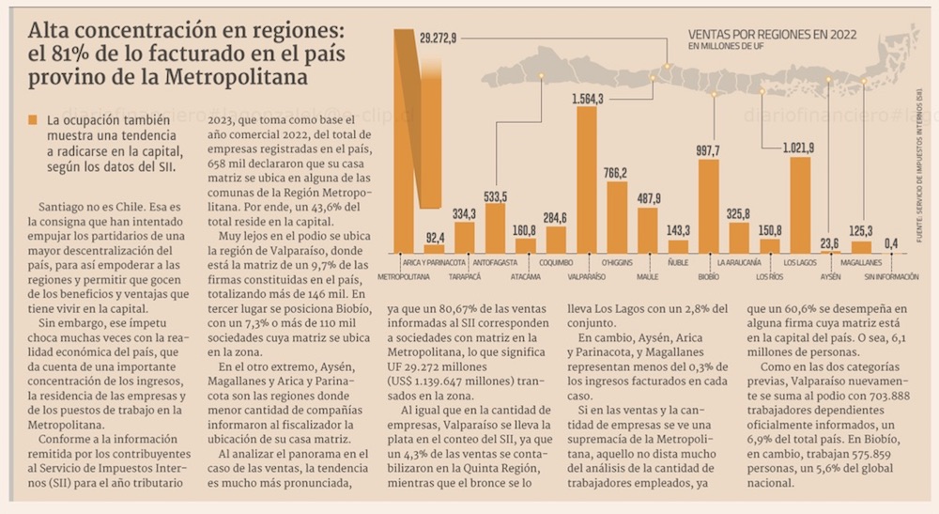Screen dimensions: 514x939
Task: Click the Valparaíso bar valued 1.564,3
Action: tap(587, 179)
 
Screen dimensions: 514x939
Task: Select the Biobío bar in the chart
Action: tap(709, 206)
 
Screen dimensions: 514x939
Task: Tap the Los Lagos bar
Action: tap(800, 205)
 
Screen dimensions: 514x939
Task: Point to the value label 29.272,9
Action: tap(438, 39)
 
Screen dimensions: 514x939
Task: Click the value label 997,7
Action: tap(708, 151)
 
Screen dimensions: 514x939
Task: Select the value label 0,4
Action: tap(890, 243)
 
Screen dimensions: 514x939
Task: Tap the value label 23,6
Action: tap(830, 243)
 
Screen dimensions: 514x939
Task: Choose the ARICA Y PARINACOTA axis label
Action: tap(435, 262)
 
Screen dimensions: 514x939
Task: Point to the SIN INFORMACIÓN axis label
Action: tap(891, 278)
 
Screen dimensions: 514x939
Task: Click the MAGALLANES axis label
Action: tap(860, 262)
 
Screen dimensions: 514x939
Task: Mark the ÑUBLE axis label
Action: tap(678, 262)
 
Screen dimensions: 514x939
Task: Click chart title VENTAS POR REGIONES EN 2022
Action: tap(772, 34)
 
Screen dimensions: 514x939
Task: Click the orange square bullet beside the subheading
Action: tap(34, 120)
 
